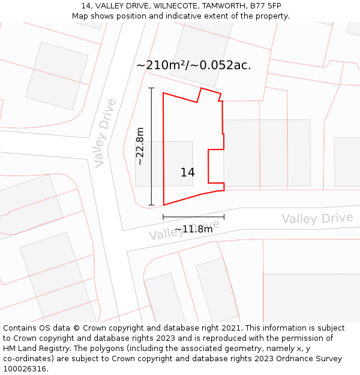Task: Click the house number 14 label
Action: click(x=187, y=173)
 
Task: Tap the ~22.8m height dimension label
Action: click(x=140, y=146)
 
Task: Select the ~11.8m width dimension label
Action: click(x=193, y=229)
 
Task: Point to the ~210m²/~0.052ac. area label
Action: click(x=193, y=65)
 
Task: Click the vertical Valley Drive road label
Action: click(x=105, y=133)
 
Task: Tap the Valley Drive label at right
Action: click(x=317, y=218)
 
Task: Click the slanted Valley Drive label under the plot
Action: click(x=184, y=230)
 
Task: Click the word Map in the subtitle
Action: click(x=81, y=16)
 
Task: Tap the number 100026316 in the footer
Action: click(x=24, y=369)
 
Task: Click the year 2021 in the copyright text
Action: click(x=230, y=328)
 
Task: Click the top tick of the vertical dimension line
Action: click(x=151, y=88)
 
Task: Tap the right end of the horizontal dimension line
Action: click(x=224, y=217)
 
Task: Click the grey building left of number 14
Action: click(x=149, y=163)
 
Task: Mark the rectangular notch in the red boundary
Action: click(x=216, y=166)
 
